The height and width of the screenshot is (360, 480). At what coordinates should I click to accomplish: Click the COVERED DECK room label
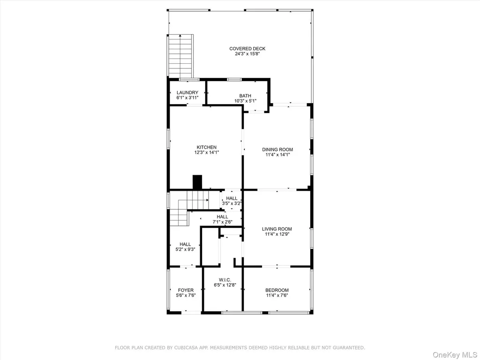click(x=247, y=49)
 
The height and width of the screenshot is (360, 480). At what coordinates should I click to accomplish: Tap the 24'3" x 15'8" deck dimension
click(x=247, y=54)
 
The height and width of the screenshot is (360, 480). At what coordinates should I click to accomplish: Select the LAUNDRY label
click(x=187, y=93)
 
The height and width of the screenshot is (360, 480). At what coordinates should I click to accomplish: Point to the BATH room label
click(x=245, y=96)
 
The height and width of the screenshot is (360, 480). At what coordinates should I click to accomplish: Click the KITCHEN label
click(x=207, y=147)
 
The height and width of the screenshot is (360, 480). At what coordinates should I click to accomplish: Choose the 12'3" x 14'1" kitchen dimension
click(x=207, y=152)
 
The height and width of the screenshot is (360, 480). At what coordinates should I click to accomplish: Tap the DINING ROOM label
click(x=277, y=150)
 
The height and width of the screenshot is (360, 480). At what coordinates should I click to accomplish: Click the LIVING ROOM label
click(x=277, y=229)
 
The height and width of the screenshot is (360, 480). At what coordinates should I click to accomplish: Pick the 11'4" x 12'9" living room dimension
click(x=277, y=234)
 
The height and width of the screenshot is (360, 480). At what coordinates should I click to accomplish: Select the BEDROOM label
click(x=277, y=290)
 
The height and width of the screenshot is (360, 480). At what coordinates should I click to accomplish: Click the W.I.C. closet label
click(x=225, y=280)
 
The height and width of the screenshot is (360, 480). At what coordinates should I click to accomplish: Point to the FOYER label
click(x=186, y=290)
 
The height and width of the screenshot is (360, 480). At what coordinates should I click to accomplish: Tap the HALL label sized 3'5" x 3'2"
click(x=232, y=198)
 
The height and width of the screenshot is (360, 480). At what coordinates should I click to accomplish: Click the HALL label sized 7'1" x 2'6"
click(x=222, y=217)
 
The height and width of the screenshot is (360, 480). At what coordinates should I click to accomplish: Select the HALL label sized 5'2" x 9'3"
click(x=185, y=244)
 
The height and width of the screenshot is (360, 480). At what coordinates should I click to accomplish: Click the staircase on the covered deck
click(x=180, y=56)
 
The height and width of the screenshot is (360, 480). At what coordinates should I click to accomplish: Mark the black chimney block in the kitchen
click(x=197, y=182)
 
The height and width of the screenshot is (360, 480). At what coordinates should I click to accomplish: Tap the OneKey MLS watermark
click(x=455, y=355)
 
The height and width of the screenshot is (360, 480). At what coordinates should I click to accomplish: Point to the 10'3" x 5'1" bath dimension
click(x=246, y=101)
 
